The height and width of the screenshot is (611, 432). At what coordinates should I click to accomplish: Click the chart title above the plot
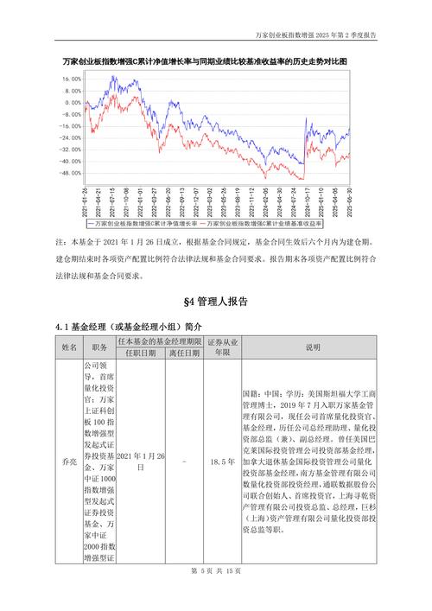(216, 61)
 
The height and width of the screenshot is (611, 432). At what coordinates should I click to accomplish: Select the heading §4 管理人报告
(216, 302)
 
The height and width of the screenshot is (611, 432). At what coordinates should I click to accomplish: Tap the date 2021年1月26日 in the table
(141, 460)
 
